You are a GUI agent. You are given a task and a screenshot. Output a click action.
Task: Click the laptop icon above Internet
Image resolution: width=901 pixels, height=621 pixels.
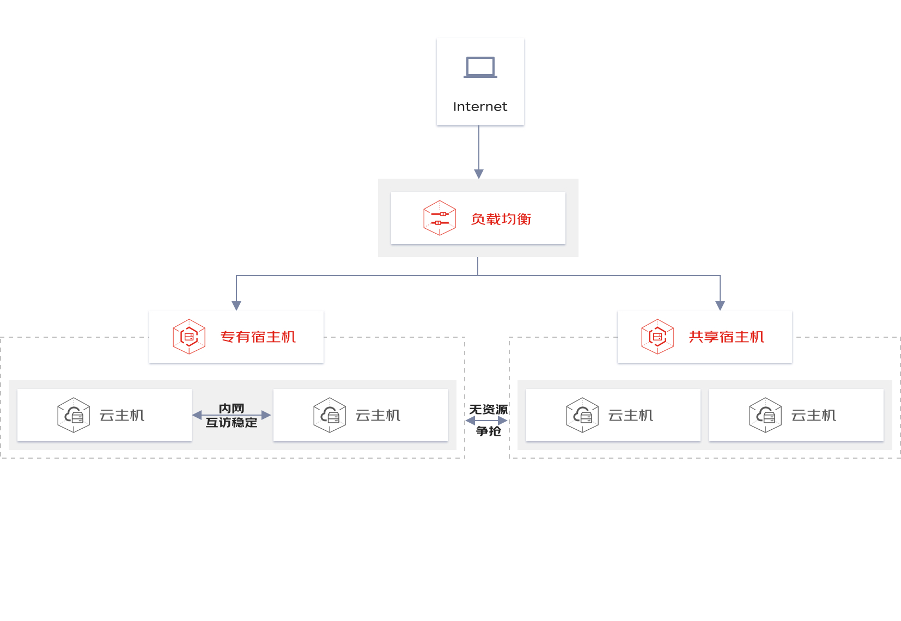point(480,67)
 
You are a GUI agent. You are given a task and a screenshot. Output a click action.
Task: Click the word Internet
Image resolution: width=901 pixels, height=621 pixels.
point(480,107)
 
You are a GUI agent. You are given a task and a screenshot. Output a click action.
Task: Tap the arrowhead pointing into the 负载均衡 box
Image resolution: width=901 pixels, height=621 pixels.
point(479,174)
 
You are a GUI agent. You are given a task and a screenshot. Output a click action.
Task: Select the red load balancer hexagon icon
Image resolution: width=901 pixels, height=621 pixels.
point(440,218)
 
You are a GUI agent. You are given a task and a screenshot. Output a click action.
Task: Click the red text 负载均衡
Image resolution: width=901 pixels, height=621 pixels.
point(501,219)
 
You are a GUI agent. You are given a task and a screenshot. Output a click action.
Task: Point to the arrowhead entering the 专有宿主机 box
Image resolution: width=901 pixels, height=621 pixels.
point(236,306)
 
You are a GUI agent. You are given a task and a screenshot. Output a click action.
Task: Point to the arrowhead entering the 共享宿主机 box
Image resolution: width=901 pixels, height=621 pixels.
point(720,306)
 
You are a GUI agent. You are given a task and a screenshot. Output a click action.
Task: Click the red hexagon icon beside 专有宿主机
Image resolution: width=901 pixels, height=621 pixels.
point(189,337)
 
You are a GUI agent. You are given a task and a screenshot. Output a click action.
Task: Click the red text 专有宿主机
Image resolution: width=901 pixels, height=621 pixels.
point(258,337)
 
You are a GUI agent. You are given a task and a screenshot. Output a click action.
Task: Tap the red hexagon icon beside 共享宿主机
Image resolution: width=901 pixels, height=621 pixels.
point(658,337)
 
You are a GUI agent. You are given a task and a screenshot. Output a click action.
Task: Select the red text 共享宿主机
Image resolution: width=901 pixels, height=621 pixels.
point(727,337)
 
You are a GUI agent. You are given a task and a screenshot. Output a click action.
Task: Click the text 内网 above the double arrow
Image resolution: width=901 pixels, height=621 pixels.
point(232,408)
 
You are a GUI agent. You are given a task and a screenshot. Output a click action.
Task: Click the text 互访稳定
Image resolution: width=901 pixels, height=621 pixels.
point(232,422)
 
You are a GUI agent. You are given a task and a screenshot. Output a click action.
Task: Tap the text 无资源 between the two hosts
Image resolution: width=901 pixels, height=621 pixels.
point(488,410)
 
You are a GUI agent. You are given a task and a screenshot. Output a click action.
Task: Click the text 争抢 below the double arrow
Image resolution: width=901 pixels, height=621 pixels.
point(488,431)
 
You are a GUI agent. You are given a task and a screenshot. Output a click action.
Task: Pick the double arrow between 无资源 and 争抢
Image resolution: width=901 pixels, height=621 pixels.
point(486,421)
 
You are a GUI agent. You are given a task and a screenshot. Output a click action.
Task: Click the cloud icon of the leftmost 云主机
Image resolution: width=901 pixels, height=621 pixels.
point(74,415)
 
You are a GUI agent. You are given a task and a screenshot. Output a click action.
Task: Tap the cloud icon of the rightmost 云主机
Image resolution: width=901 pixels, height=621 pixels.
point(765,415)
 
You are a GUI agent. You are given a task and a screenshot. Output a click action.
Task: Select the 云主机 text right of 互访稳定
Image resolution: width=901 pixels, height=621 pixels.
point(378,415)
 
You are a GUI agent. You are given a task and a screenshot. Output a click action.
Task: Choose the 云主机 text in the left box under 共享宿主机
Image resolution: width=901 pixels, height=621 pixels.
point(631,415)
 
